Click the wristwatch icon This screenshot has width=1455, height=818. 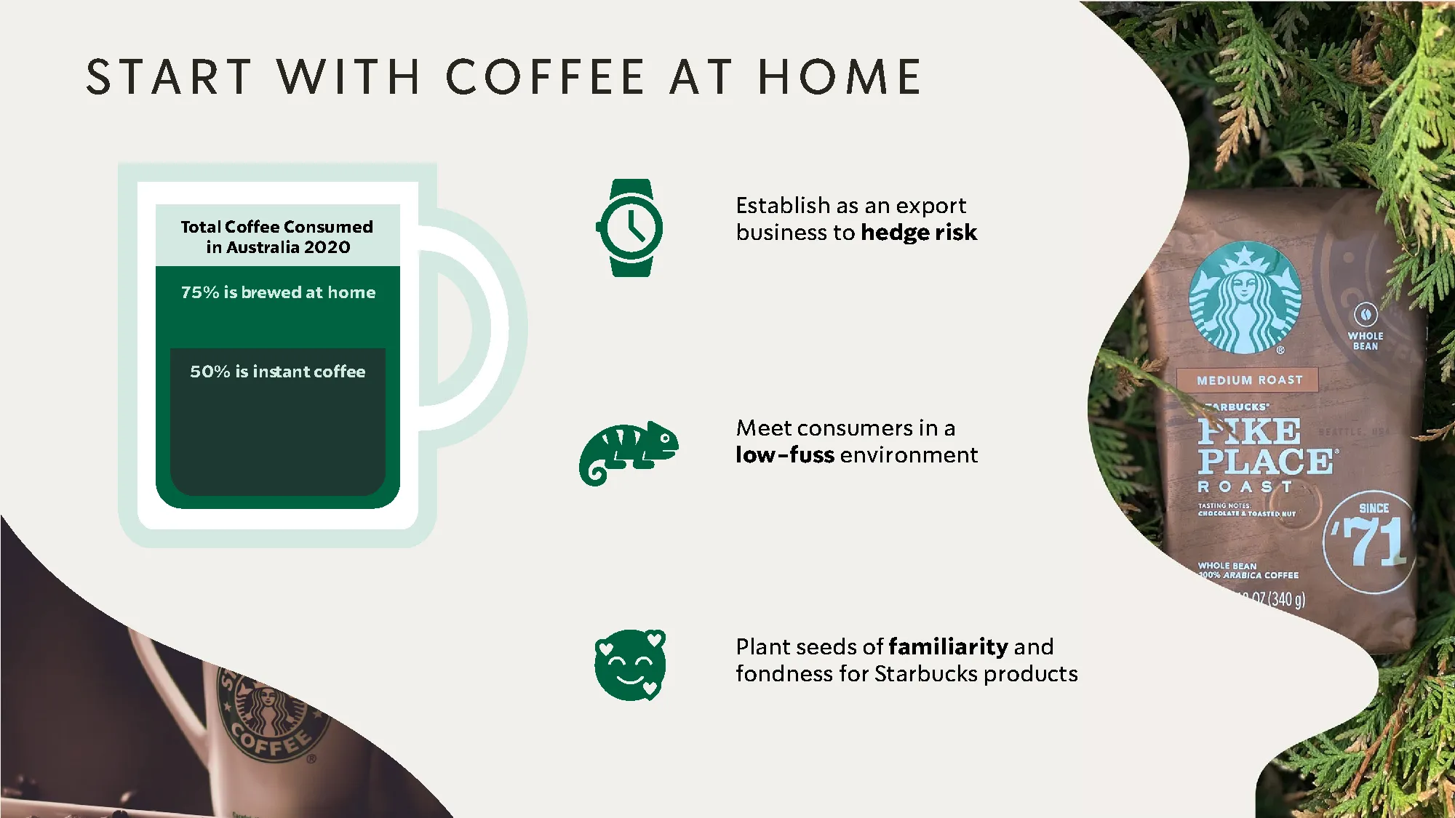pos(630,228)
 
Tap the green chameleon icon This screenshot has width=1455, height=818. pos(628,452)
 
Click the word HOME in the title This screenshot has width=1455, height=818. pos(840,77)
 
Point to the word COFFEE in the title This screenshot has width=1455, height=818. pos(546,77)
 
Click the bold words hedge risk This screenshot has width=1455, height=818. pos(918,233)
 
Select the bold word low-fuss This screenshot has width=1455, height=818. pos(784,455)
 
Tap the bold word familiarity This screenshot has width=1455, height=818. pos(948,646)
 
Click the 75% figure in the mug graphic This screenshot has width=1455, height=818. pos(200,292)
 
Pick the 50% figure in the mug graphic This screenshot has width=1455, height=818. pos(210,372)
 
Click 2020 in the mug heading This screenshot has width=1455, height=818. pos(327,247)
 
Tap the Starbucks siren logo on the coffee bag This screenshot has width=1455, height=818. pos(1245,298)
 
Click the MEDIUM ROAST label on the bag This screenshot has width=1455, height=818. pos(1249,380)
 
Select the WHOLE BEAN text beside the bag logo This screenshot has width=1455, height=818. pos(1365,340)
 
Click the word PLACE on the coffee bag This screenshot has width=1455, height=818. pos(1265,462)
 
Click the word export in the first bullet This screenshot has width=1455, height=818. pos(930,206)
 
